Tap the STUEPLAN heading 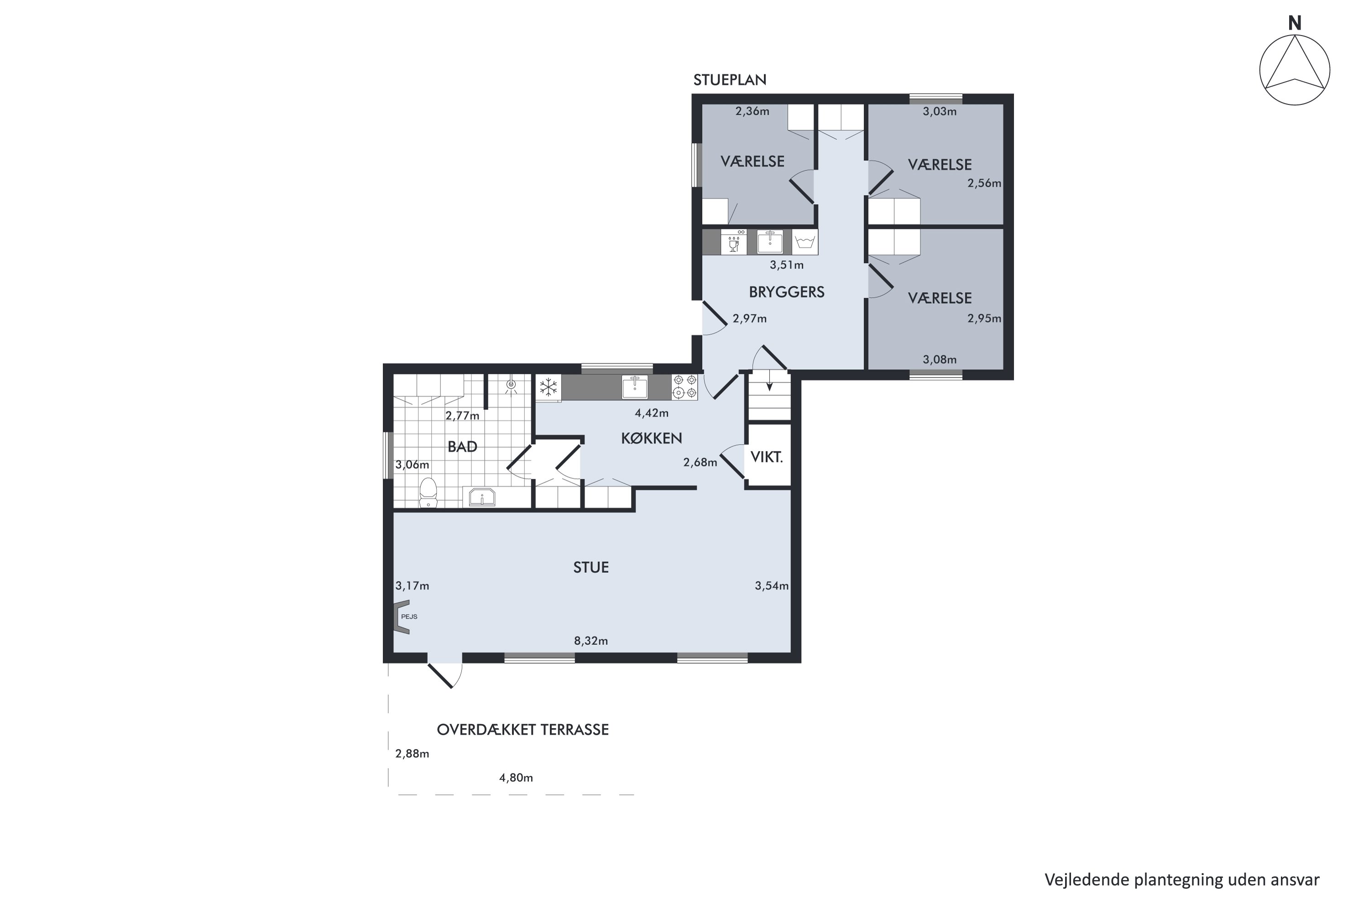(729, 80)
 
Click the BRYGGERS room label (786, 292)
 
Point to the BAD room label (462, 447)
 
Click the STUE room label (591, 568)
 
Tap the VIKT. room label (767, 457)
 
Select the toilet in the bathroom (428, 492)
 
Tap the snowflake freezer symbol (549, 387)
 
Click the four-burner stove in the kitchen (684, 387)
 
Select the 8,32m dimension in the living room (591, 641)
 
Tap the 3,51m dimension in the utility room (786, 265)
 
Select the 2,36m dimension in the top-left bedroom (752, 111)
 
